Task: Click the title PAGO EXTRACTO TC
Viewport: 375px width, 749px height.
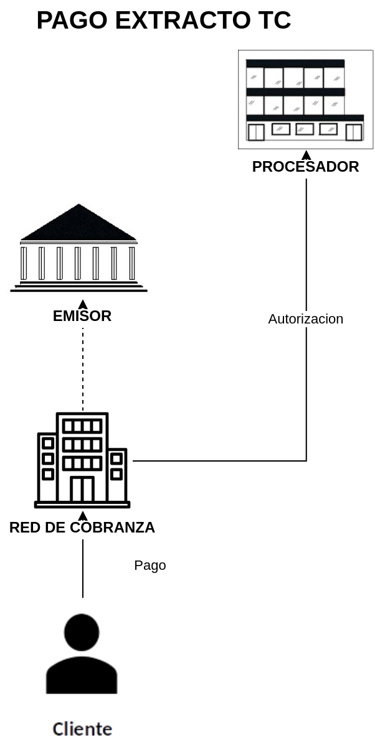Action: click(164, 21)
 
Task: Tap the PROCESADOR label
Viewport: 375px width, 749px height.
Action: click(305, 167)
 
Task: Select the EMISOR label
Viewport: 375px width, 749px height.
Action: click(82, 316)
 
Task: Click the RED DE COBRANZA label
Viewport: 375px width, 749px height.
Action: click(82, 528)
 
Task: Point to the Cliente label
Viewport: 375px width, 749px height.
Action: click(82, 729)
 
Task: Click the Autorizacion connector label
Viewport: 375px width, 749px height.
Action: click(306, 319)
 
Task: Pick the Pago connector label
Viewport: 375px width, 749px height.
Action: click(150, 565)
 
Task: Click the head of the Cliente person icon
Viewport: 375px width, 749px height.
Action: click(82, 632)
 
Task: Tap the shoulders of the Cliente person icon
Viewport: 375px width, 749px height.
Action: click(82, 675)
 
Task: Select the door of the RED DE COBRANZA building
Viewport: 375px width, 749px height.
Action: click(82, 489)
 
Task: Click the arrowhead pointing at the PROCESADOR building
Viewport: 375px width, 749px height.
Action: click(306, 155)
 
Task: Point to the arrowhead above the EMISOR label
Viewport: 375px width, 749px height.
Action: click(83, 304)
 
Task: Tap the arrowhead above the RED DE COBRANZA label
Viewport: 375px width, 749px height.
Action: click(83, 516)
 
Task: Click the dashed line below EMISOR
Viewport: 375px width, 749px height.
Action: click(83, 369)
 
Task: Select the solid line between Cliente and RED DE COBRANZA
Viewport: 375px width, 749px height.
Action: click(83, 569)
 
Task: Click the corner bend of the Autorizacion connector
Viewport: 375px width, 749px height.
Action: click(306, 461)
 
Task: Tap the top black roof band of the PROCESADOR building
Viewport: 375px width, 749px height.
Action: click(295, 63)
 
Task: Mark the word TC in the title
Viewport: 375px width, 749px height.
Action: click(275, 21)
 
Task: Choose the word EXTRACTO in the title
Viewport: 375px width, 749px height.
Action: click(183, 21)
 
